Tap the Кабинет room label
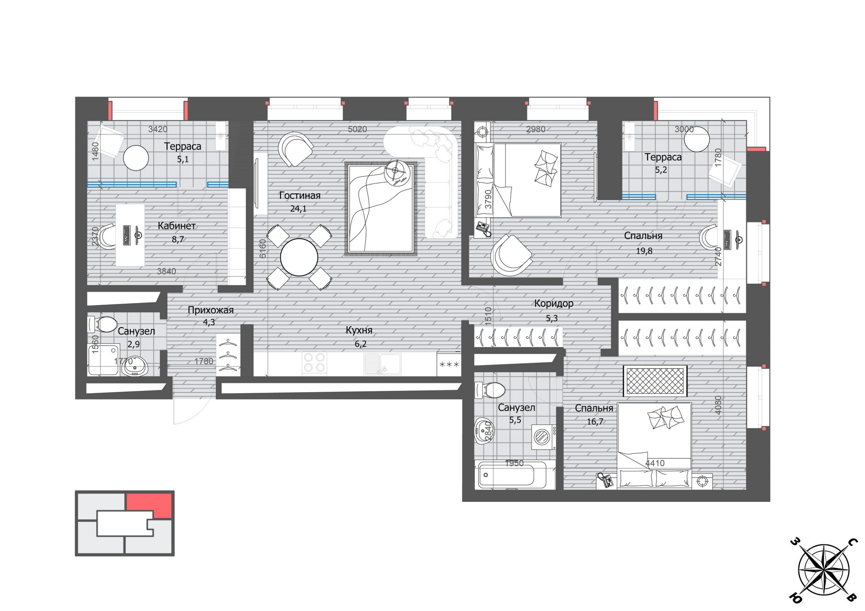coord(176,226)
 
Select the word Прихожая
coord(211,310)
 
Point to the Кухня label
coord(359,330)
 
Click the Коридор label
coord(554,303)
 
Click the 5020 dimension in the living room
coord(357,129)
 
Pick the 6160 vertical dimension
coord(263,249)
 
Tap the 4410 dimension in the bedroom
coord(655,463)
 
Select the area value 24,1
coord(298,209)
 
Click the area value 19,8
coord(644,251)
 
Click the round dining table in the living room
coord(299,257)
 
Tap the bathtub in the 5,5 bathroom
coord(514,475)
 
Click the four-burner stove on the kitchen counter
coord(314,362)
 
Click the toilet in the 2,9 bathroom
coord(102,324)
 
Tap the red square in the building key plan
coord(149,505)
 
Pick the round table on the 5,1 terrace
coord(136,158)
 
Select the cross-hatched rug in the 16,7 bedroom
coord(656,381)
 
